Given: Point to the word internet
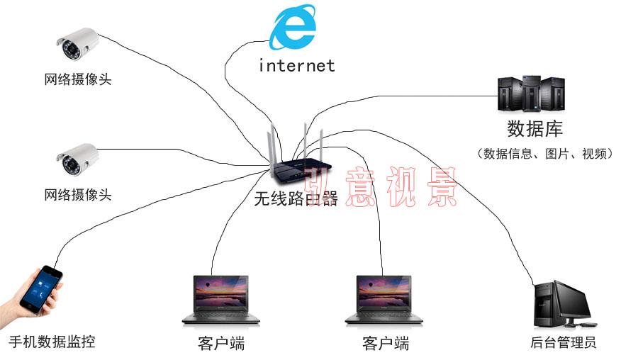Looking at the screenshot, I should [x=296, y=66].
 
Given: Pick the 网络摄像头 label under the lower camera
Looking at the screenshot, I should [x=78, y=194].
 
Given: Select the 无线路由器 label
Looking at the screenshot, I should [x=296, y=199].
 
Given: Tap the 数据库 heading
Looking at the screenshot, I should [x=535, y=129].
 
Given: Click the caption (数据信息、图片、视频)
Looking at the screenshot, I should [x=545, y=153].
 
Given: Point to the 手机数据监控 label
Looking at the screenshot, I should [x=52, y=342].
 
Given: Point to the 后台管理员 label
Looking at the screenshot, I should [x=563, y=344].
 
